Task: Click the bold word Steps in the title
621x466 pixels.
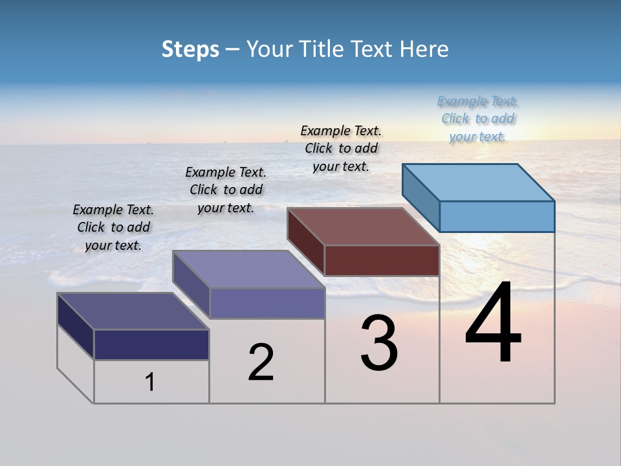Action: pyautogui.click(x=190, y=49)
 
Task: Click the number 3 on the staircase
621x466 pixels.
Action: pyautogui.click(x=379, y=343)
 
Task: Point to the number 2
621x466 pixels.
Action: pyautogui.click(x=261, y=362)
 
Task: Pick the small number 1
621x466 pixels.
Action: pyautogui.click(x=150, y=382)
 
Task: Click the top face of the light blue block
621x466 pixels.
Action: pyautogui.click(x=479, y=183)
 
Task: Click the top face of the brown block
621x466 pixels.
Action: pyautogui.click(x=364, y=227)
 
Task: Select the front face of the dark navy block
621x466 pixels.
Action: pyautogui.click(x=151, y=345)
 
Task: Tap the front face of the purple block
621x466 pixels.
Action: pyautogui.click(x=267, y=303)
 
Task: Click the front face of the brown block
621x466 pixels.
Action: pyautogui.click(x=382, y=260)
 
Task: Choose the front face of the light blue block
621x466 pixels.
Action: pyautogui.click(x=497, y=217)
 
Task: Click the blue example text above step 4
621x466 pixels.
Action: pyautogui.click(x=477, y=119)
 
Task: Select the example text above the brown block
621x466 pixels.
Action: pyautogui.click(x=341, y=149)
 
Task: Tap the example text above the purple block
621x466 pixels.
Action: pyautogui.click(x=226, y=190)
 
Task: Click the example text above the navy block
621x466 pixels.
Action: pyautogui.click(x=113, y=227)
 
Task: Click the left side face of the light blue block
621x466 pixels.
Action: pyautogui.click(x=420, y=197)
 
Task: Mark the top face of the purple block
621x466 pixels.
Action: pyautogui.click(x=248, y=269)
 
